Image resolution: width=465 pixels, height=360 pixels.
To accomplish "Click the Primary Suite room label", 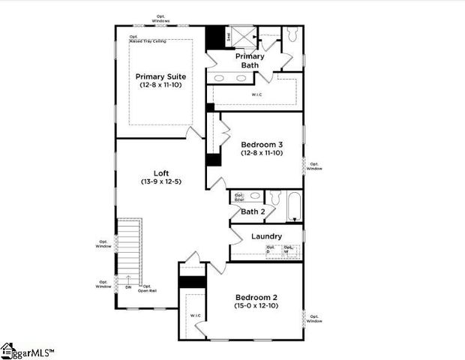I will coord(160,76).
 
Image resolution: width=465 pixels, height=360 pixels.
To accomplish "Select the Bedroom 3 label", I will coord(262,144).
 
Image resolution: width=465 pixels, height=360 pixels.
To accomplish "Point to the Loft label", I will coord(160,172).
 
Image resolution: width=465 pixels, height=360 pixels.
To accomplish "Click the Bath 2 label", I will coord(252,211).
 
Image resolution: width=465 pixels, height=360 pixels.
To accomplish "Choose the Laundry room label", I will coord(266,236).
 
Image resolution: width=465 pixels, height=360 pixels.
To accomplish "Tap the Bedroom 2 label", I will coord(256,296).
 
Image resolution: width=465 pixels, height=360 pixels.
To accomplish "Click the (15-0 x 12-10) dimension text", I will coord(256,306).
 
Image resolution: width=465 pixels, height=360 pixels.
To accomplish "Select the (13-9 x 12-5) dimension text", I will coord(160,181).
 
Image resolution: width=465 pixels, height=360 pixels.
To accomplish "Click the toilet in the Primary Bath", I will coord(292,34).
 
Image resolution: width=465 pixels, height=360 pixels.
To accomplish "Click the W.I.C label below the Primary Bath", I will coord(256,95).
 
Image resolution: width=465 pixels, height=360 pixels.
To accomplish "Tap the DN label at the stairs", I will coord(128,286).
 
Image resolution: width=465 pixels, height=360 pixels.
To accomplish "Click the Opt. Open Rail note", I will coord(148,289).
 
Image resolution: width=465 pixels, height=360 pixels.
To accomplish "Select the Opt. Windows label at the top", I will coord(160,18).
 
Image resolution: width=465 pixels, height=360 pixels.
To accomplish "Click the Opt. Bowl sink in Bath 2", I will coord(239,198).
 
